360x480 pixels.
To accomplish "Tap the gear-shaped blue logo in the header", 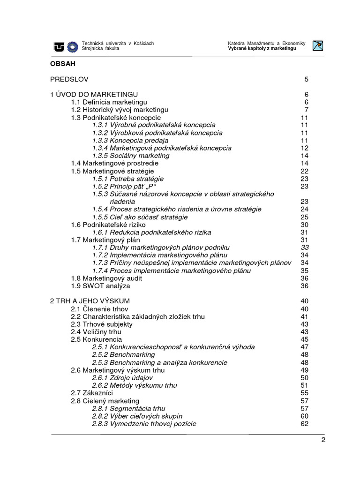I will coord(73,46).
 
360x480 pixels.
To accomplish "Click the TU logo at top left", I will coord(60,46).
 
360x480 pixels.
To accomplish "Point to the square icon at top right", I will coord(318,46).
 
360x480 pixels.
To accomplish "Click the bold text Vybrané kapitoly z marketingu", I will coord(262,49).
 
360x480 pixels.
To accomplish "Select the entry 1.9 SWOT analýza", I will coord(100,285).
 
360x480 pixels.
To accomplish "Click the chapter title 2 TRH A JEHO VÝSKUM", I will coord(90,301).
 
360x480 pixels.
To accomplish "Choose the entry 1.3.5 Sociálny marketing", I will coord(131,156).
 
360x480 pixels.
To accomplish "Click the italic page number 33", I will coord(305,247).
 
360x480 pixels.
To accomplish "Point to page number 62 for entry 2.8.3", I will coord(305,424).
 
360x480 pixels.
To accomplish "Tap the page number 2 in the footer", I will coord(323,440).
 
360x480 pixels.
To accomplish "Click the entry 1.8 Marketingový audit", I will coord(106,278).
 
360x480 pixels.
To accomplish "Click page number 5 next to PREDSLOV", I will coord(307,79).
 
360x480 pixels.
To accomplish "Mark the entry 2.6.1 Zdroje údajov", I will coord(122,378).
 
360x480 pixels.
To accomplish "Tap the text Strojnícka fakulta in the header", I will coord(100,49).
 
